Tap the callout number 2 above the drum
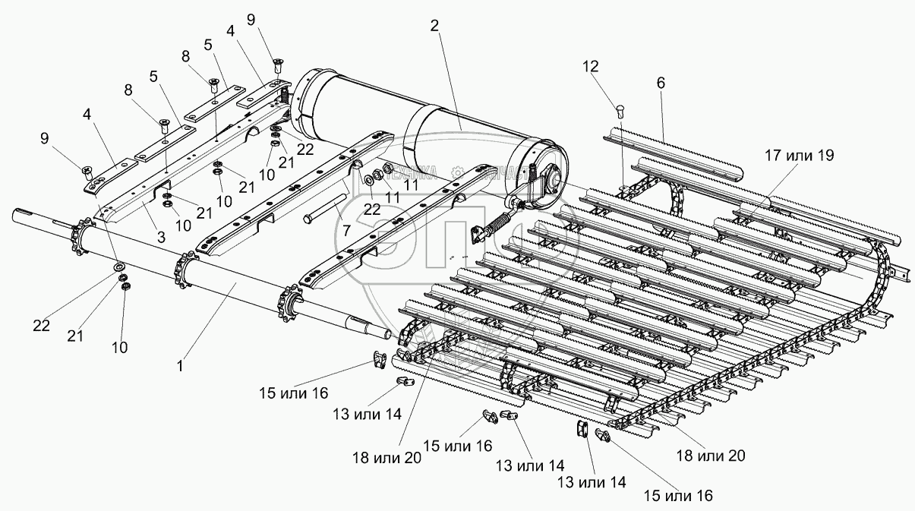pos(434,25)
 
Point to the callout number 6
pos(660,84)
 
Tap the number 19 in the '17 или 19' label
pos(822,156)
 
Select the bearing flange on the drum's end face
pos(549,179)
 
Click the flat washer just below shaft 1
pos(119,267)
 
